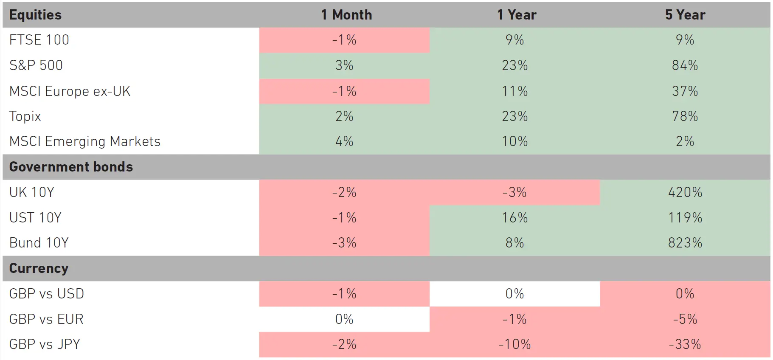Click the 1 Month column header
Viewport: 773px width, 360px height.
click(346, 15)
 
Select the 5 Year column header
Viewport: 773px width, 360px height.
click(685, 15)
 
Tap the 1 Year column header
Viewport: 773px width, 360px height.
click(516, 15)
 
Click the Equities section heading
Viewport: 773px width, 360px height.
click(35, 15)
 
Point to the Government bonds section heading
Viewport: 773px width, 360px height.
click(71, 167)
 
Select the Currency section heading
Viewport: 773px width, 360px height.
click(39, 268)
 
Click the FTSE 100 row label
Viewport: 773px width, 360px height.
click(39, 40)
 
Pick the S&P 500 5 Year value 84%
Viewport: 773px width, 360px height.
click(685, 65)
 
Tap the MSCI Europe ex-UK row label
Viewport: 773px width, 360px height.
click(70, 91)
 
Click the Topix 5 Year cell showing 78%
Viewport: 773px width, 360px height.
click(685, 116)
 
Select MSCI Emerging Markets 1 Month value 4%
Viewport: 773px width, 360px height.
click(344, 141)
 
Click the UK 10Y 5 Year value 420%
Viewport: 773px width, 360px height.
click(685, 192)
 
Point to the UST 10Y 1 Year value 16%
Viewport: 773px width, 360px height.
click(514, 218)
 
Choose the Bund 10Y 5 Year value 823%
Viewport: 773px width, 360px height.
click(685, 243)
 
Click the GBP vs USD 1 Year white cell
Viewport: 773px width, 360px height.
click(514, 294)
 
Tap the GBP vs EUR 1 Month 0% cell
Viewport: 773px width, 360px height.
click(344, 319)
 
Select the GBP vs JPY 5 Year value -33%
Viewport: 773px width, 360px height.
click(685, 344)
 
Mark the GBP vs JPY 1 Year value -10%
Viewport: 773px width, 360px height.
click(514, 344)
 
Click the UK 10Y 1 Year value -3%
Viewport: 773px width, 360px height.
click(514, 192)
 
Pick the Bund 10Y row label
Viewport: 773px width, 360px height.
click(39, 243)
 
